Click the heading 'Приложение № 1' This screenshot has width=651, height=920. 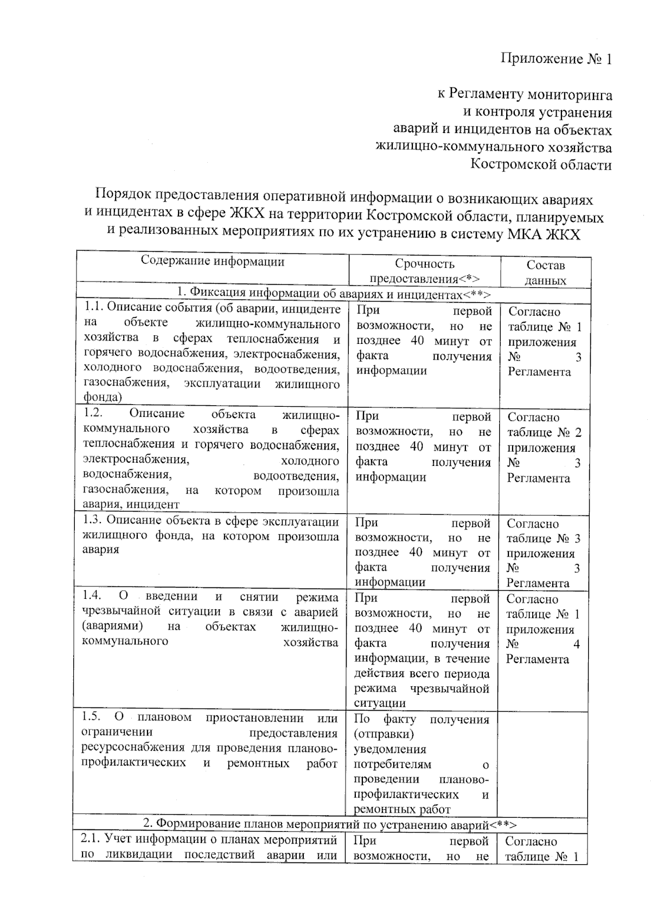556,59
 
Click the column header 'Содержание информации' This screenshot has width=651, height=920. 212,261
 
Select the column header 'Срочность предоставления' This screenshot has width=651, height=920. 424,271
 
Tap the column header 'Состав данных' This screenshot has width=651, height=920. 545,272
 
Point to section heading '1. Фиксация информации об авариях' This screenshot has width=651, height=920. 333,293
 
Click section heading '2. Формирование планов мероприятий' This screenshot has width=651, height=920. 329,825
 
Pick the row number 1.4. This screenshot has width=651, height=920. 91,596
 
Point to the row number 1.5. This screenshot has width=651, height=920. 91,717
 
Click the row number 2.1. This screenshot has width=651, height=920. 90,839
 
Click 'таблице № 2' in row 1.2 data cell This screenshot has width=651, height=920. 544,432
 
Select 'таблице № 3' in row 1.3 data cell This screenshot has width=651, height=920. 543,538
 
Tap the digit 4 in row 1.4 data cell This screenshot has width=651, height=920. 576,644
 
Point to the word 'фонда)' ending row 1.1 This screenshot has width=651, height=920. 102,397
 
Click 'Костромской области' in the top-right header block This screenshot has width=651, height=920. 540,164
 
